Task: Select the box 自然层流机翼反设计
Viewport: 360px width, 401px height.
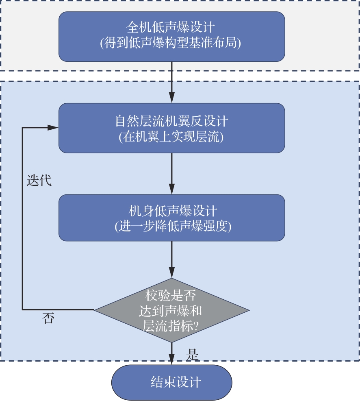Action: [171, 128]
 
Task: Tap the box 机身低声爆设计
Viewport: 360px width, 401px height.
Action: [171, 218]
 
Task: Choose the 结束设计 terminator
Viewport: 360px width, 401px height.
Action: [171, 382]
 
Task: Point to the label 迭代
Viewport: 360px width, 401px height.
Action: [39, 180]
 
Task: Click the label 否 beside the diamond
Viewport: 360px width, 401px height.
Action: [48, 318]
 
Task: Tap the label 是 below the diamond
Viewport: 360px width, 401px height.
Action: [192, 355]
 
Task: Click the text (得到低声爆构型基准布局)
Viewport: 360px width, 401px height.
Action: [171, 43]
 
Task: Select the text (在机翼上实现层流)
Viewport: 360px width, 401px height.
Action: [171, 137]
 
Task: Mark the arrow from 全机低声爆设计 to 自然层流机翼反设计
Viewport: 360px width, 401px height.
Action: [172, 81]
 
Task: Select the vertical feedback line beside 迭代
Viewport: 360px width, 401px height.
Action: [22, 220]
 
